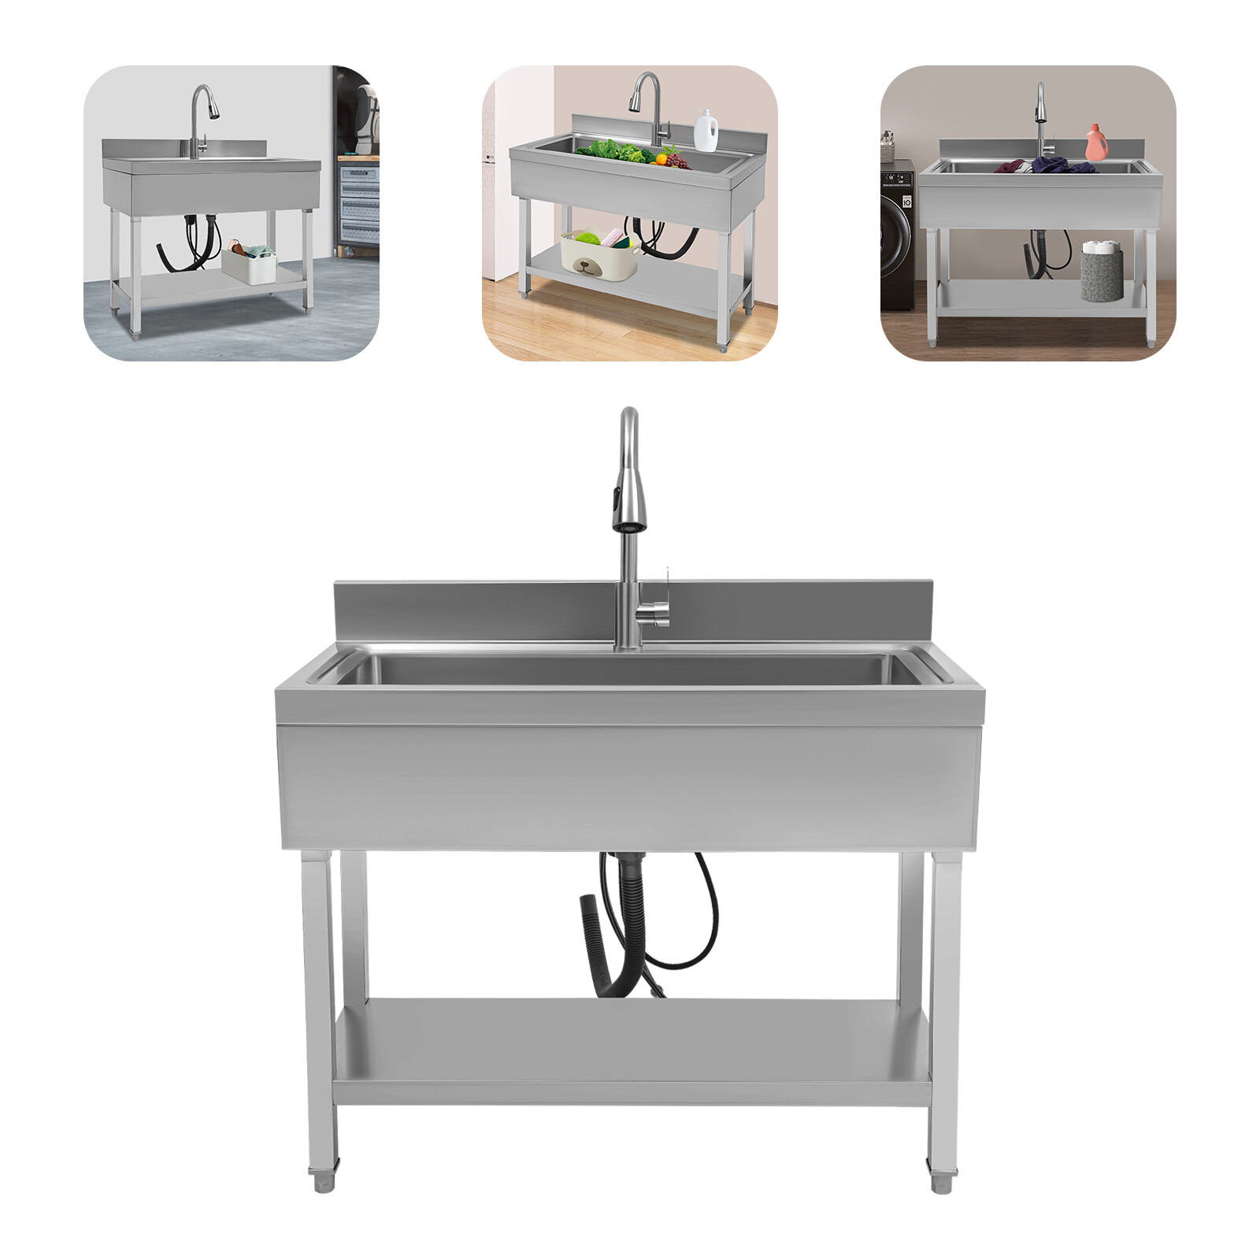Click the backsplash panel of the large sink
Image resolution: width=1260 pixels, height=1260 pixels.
pos(472,610)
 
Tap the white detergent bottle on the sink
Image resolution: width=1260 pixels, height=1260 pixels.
pos(706,131)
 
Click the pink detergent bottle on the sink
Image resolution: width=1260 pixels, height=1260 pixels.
pos(1096,143)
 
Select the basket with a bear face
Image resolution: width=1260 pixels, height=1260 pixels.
pos(599,254)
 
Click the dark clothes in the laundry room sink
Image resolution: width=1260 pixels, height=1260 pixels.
pos(1055,166)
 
